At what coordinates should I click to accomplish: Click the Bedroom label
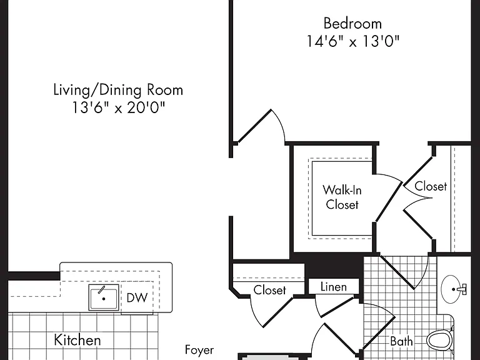[x=352, y=24]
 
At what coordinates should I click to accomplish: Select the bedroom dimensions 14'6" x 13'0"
[x=353, y=41]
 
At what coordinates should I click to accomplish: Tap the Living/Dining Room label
[x=118, y=90]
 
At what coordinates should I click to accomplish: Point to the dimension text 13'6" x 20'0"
[x=118, y=107]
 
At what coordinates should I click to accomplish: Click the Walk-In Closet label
[x=342, y=197]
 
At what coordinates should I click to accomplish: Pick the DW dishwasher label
[x=137, y=297]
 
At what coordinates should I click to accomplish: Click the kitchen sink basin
[x=104, y=297]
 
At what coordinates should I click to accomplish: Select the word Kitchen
[x=77, y=340]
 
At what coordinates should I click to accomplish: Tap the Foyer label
[x=199, y=349]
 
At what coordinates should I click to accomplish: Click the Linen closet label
[x=334, y=287]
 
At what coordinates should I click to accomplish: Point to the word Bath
[x=401, y=341]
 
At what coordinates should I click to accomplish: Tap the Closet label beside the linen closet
[x=270, y=290]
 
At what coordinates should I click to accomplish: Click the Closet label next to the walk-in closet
[x=431, y=186]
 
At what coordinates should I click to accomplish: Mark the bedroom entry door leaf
[x=254, y=126]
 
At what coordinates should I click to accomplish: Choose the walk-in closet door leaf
[x=389, y=201]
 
